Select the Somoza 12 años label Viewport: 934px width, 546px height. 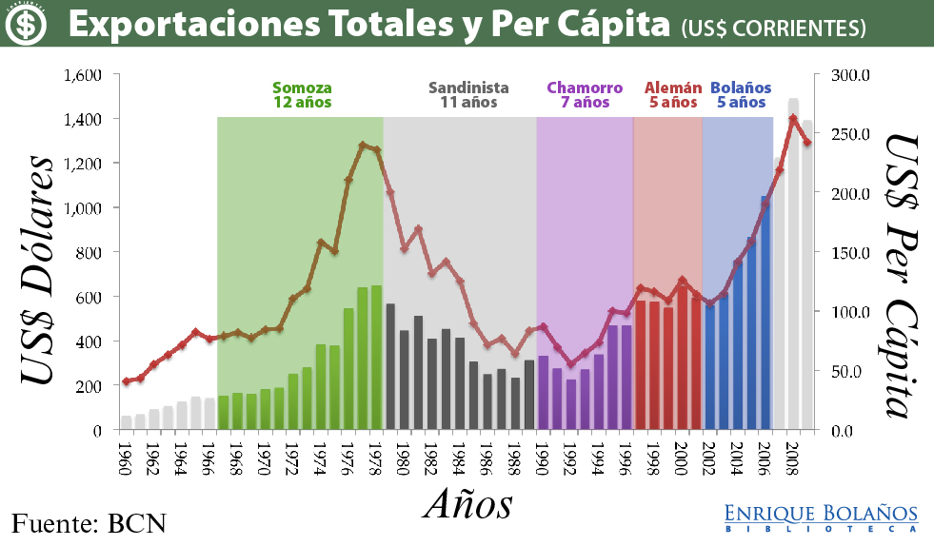[302, 94]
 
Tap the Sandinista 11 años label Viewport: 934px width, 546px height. [468, 94]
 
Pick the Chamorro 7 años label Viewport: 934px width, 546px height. [585, 94]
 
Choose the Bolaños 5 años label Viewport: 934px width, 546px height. [741, 94]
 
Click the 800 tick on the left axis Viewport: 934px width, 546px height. [89, 252]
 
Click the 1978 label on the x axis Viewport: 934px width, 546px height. [376, 460]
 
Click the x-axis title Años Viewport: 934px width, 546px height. [467, 503]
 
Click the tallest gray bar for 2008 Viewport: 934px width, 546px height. [793, 266]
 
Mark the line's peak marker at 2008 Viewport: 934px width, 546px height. [793, 119]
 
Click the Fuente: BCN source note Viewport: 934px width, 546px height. [89, 522]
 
